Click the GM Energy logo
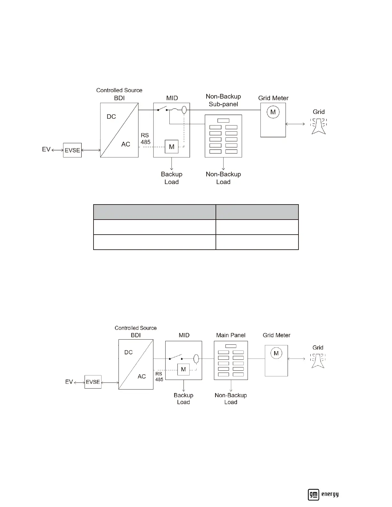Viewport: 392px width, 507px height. [x=323, y=494]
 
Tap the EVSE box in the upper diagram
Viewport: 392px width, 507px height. [x=72, y=150]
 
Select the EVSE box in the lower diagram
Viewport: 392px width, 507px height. [x=93, y=382]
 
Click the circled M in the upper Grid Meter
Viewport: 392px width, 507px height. [x=273, y=112]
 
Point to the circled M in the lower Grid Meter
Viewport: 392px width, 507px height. [x=276, y=353]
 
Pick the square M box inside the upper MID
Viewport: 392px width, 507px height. [x=172, y=147]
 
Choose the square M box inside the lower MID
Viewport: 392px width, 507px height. [x=183, y=369]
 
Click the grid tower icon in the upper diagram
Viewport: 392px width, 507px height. [x=318, y=126]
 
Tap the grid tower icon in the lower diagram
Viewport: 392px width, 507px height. [x=318, y=360]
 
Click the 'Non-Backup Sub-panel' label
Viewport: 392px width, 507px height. [x=223, y=100]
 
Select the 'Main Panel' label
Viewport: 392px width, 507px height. [x=231, y=335]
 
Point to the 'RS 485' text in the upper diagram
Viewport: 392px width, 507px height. [x=145, y=139]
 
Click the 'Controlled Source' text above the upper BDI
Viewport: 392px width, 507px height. [x=119, y=90]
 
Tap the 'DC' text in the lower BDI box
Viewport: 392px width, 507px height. [x=128, y=352]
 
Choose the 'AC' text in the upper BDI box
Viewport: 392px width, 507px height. [x=126, y=144]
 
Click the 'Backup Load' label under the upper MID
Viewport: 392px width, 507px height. [x=171, y=178]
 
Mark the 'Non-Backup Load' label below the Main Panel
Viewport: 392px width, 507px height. [x=231, y=398]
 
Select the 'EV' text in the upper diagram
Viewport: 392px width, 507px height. [x=46, y=149]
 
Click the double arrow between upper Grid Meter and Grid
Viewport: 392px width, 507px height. [x=295, y=124]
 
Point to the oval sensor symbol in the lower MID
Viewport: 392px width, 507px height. [x=196, y=359]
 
